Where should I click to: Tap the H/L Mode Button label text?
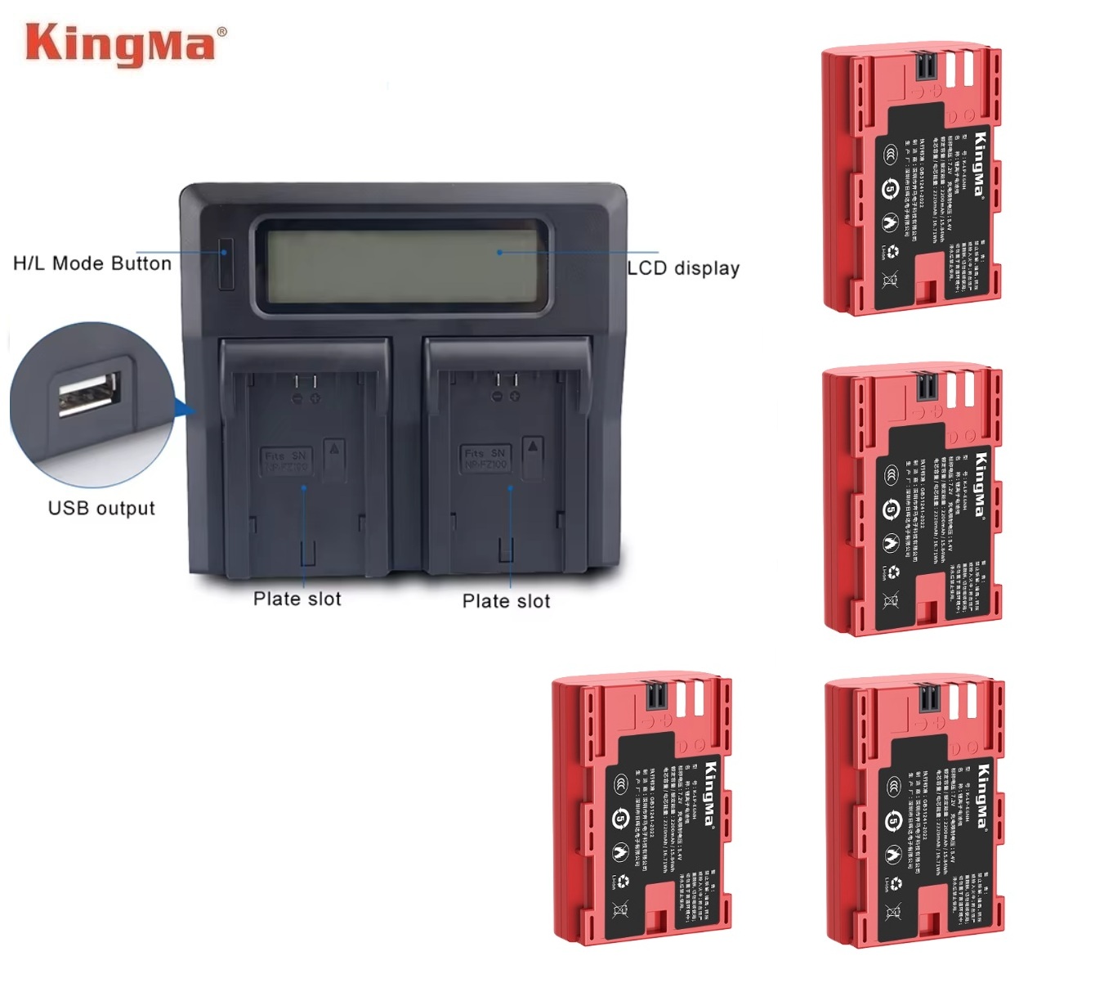click(92, 263)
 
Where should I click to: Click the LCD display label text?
click(683, 268)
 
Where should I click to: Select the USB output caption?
click(101, 508)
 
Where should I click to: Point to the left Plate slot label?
click(297, 599)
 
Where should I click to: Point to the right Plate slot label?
click(507, 601)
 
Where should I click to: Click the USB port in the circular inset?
click(88, 394)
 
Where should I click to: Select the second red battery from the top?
click(912, 500)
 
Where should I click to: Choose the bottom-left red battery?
click(641, 810)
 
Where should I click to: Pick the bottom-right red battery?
click(914, 811)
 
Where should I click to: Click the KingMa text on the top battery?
click(980, 164)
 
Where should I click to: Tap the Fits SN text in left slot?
click(285, 456)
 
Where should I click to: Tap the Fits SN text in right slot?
click(486, 453)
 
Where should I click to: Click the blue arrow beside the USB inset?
click(185, 408)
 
